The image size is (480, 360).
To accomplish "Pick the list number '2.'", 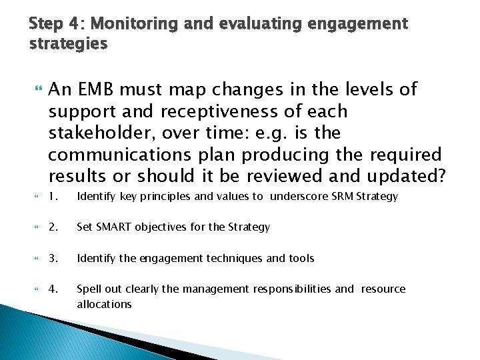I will (55, 227).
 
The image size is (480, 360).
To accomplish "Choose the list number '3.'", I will (55, 258).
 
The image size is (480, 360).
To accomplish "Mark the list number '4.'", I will (55, 289).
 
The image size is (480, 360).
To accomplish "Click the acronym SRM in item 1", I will (343, 196).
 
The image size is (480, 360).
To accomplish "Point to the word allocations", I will (104, 304).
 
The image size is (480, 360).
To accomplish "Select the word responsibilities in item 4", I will (292, 289).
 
